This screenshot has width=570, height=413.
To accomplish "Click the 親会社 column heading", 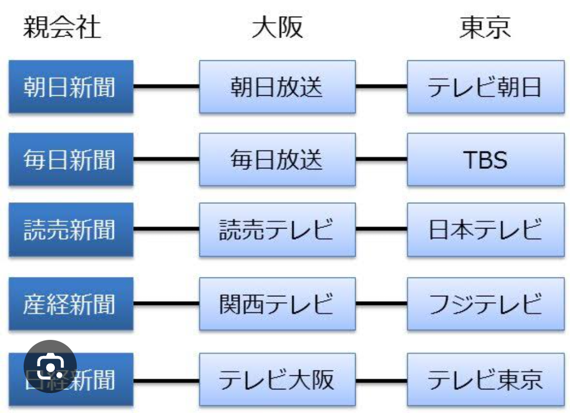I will [62, 27].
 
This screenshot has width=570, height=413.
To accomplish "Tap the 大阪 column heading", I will [277, 27].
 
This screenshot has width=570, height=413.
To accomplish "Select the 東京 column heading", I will [485, 27].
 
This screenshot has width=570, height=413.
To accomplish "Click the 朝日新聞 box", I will [70, 87].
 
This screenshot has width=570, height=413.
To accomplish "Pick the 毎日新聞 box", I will [70, 160].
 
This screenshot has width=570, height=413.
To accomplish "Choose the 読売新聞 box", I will [70, 230].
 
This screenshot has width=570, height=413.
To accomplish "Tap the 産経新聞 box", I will [70, 304].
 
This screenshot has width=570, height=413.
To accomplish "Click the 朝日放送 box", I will [277, 87].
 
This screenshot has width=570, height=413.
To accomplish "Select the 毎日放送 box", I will [277, 160].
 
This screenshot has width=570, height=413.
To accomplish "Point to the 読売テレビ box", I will [277, 230].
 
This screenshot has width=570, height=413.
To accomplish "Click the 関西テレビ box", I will [277, 304].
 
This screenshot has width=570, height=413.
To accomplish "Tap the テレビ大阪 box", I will [277, 380].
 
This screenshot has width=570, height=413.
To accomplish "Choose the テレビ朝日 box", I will [485, 87].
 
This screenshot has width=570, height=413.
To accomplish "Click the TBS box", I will [485, 160].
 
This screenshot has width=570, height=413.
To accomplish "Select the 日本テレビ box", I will [485, 230].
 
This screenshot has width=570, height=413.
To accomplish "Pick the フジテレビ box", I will [485, 304].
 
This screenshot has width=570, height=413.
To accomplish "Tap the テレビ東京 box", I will [485, 380].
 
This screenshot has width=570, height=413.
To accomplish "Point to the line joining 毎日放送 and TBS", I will [381, 159].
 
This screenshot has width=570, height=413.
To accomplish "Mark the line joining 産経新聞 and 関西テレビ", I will [166, 304].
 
